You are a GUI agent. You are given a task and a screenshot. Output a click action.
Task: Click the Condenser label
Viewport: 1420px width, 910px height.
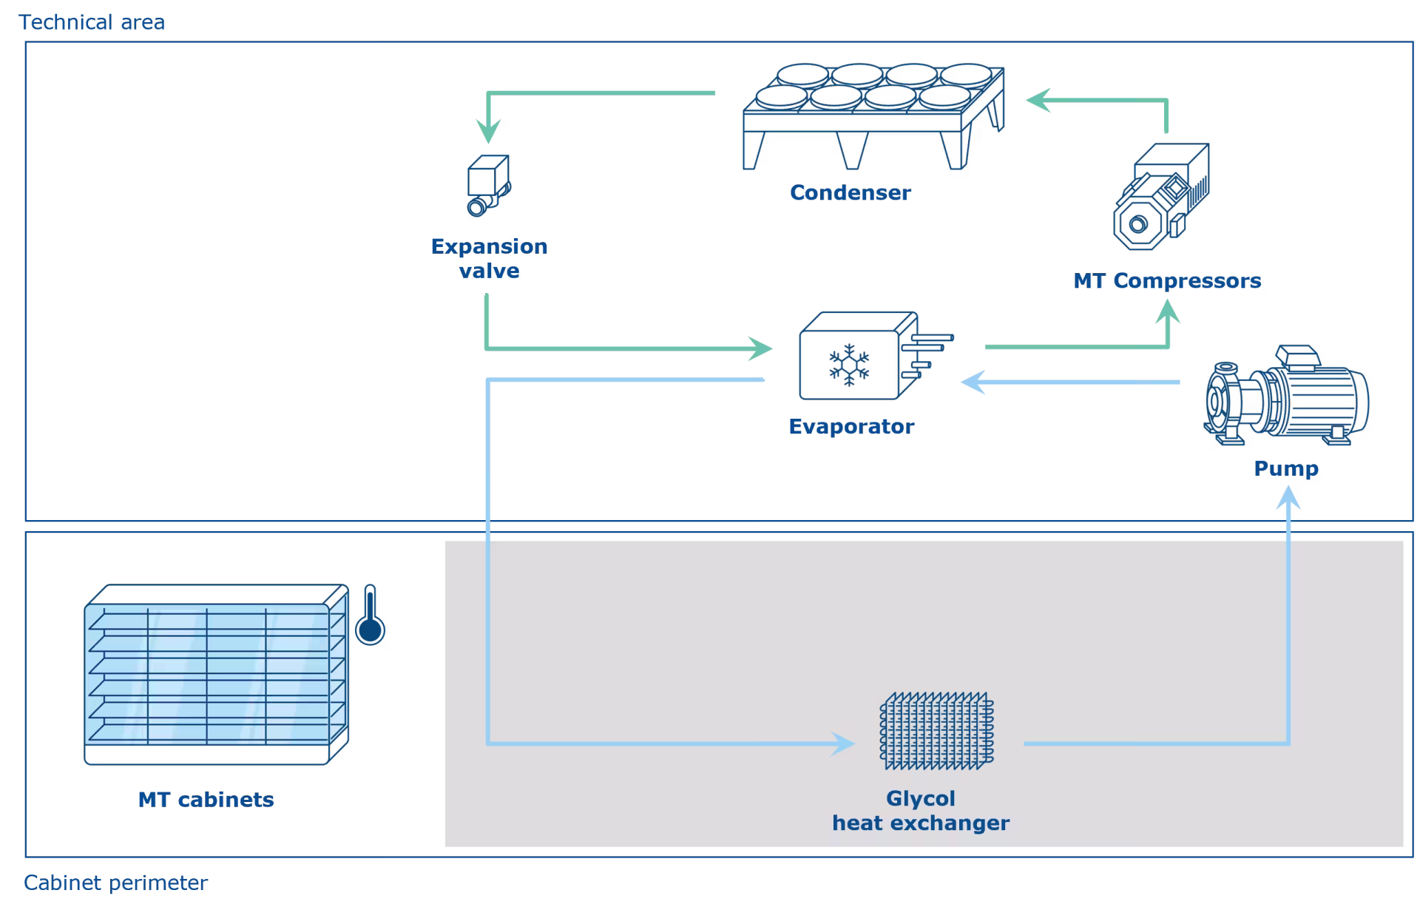point(851,192)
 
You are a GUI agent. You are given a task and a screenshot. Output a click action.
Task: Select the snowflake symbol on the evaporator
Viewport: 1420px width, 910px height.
point(849,365)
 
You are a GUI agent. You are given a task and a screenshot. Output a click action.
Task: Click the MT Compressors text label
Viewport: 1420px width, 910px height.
point(1167,280)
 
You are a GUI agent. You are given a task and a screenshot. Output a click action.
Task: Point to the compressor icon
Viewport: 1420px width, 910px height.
point(1161,197)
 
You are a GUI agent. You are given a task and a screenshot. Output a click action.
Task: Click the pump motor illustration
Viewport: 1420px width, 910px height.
point(1286,395)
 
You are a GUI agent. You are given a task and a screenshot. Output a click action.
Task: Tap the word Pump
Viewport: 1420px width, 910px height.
point(1286,469)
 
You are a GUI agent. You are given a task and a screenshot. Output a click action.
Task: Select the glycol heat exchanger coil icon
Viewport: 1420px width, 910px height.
point(936,731)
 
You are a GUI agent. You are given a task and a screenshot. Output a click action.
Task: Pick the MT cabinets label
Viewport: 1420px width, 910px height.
point(206,800)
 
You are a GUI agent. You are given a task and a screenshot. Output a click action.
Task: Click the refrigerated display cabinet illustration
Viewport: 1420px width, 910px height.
point(216,674)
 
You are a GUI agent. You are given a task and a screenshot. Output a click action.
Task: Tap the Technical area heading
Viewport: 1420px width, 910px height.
point(92,22)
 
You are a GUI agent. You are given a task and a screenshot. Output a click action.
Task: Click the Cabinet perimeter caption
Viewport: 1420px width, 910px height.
point(115,883)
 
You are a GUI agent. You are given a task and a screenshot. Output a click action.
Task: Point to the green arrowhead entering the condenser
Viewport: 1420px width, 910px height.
point(1038,100)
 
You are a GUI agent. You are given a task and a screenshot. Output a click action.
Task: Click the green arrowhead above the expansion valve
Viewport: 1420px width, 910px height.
point(488,132)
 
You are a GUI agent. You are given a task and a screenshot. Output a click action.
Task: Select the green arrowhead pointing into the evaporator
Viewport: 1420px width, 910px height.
point(760,348)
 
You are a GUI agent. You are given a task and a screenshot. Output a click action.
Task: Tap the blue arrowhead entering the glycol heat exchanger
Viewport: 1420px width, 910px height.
point(843,744)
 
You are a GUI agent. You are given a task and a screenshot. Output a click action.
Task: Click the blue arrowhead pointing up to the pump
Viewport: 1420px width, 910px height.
point(1288,497)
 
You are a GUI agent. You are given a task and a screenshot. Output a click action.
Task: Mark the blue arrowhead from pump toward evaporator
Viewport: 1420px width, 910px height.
point(973,382)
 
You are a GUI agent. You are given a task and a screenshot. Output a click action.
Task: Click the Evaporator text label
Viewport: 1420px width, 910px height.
point(851,426)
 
